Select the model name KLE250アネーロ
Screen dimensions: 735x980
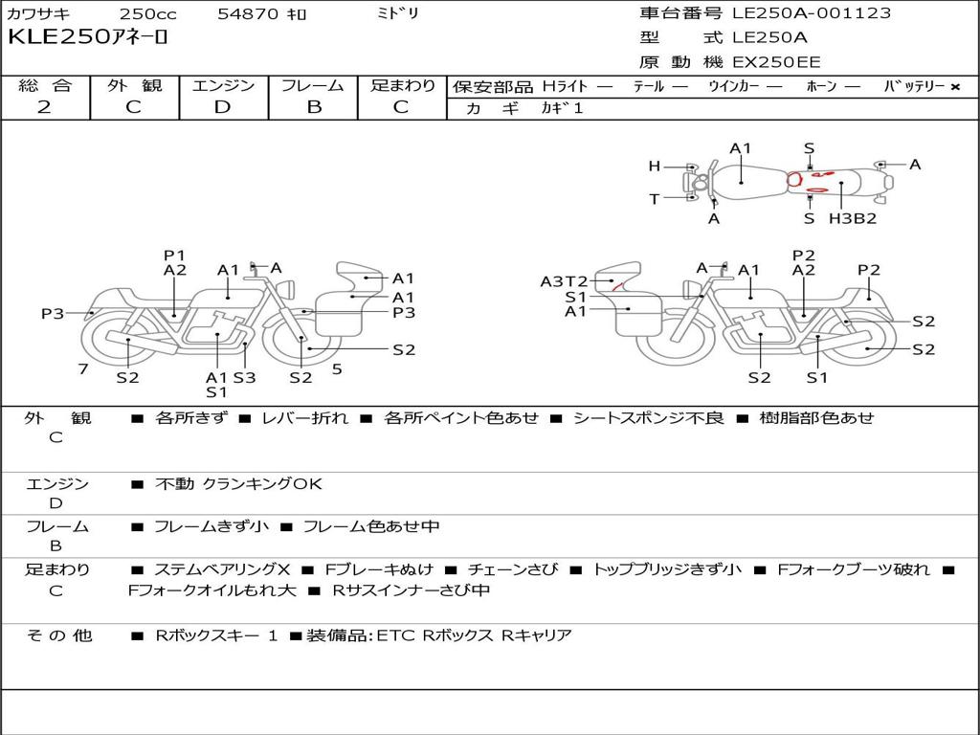click(88, 38)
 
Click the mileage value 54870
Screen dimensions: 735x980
click(248, 14)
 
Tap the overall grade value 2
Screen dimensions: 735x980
click(44, 107)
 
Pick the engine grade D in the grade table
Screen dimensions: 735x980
click(223, 107)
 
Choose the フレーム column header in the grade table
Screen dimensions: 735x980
click(313, 86)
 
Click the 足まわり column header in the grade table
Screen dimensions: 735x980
click(403, 86)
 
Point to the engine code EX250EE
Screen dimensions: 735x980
click(776, 63)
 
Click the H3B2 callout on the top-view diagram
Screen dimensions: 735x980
click(853, 218)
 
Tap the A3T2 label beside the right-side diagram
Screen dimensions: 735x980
click(564, 281)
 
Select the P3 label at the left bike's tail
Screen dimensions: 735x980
click(53, 313)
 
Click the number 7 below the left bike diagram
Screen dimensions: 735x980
click(83, 368)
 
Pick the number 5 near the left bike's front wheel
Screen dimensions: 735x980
click(337, 368)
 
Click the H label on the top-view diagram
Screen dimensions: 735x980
click(655, 167)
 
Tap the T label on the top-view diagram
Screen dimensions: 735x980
click(655, 199)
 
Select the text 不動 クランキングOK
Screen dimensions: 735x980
click(238, 484)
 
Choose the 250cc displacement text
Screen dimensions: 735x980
click(147, 14)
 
